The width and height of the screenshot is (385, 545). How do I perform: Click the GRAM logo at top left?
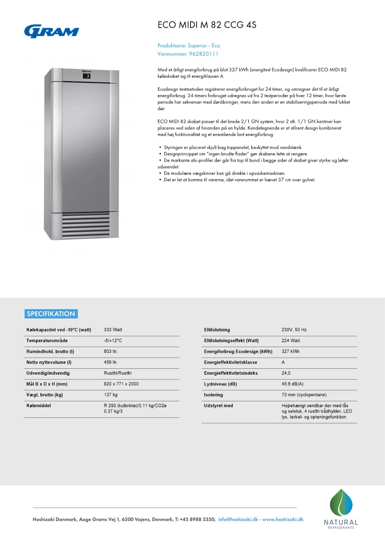coord(51,31)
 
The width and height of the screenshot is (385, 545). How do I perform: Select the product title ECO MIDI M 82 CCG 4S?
coord(207,26)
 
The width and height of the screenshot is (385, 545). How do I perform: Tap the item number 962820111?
coord(204,54)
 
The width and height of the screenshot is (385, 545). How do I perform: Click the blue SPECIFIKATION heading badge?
coord(51,314)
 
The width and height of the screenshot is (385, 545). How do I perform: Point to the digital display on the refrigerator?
coord(87,76)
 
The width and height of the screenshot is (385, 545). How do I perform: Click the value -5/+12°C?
coord(113,341)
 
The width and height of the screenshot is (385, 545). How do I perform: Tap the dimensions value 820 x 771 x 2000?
coord(121,384)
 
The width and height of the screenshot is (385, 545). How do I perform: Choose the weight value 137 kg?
coord(111,395)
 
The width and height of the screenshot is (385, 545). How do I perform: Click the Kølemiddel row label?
coord(39,405)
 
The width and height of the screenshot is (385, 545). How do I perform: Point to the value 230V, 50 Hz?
coord(294,330)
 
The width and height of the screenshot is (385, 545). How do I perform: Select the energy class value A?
coord(283,363)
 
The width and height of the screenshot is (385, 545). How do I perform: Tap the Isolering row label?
coord(214,395)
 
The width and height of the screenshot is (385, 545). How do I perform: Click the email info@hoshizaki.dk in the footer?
coord(238,519)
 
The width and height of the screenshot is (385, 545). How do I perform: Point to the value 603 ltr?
coord(112,351)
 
